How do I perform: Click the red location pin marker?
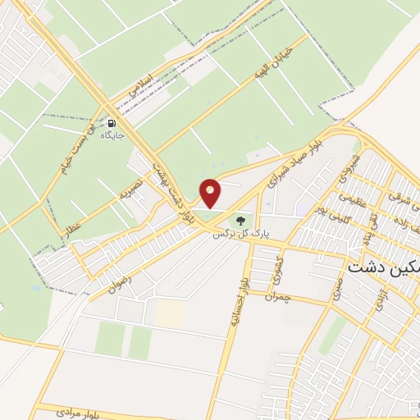tap(211, 193)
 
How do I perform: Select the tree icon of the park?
tap(240, 219)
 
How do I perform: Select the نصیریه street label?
tap(131, 192)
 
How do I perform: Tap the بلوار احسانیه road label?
tap(235, 307)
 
